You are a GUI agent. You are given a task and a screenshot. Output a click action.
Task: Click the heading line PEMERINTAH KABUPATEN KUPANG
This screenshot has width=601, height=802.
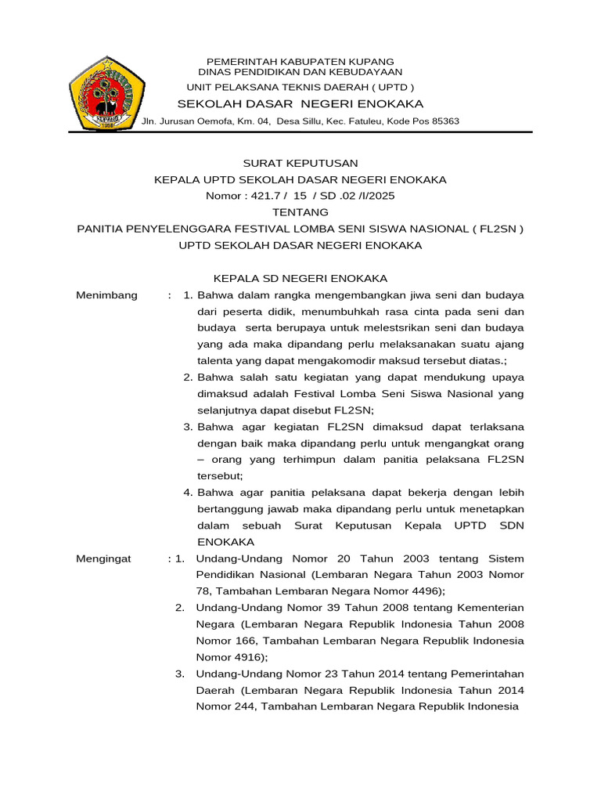coord(300,61)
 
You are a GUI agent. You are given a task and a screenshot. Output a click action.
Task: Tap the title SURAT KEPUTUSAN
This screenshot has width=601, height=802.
coord(300,163)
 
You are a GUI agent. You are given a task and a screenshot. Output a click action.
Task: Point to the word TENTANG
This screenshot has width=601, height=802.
coord(300,212)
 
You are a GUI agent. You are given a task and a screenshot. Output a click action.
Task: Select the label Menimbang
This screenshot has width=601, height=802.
coord(106,295)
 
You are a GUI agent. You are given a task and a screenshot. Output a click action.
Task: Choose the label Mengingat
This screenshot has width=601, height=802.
coord(104,558)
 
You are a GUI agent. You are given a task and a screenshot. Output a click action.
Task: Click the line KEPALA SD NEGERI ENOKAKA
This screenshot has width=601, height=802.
coord(300,279)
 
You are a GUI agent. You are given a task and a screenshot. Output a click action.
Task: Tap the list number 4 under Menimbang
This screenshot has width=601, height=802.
coord(188,493)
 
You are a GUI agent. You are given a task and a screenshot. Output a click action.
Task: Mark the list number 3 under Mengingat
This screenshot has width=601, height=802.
coord(179,674)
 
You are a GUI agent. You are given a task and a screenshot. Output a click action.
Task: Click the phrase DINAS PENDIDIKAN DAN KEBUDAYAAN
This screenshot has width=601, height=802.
coord(300,71)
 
